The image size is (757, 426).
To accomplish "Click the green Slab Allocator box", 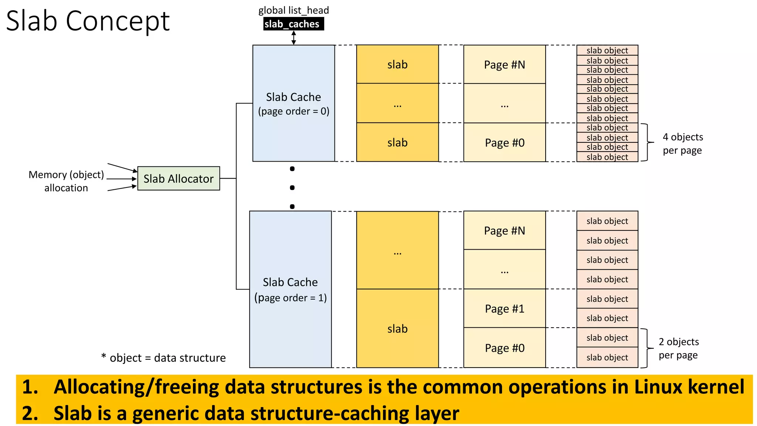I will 179,179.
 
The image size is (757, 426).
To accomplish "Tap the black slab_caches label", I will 293,24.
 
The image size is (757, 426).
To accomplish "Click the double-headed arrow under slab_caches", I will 293,38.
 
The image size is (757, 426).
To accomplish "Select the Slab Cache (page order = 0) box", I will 293,104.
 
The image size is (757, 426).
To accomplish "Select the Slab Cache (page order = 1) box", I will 290,290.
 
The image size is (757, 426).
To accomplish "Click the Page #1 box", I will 505,308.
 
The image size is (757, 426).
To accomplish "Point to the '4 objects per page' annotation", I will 682,143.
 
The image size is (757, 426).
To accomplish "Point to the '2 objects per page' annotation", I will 679,348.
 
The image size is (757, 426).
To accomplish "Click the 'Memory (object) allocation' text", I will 67,181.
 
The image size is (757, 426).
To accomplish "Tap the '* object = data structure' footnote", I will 163,358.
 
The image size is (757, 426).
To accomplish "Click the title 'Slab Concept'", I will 88,21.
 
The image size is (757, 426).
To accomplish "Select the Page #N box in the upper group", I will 505,65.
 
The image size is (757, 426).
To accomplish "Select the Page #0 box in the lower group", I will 505,348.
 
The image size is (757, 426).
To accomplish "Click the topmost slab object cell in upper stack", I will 607,50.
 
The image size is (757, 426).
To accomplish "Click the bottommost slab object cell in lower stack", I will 607,358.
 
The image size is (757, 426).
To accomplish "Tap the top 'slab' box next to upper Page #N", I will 397,65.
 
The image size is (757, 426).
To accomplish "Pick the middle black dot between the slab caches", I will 292,188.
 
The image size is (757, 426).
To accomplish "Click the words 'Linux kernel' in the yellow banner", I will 689,387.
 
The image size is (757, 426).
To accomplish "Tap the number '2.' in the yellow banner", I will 30,413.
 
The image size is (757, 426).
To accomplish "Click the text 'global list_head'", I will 293,10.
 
